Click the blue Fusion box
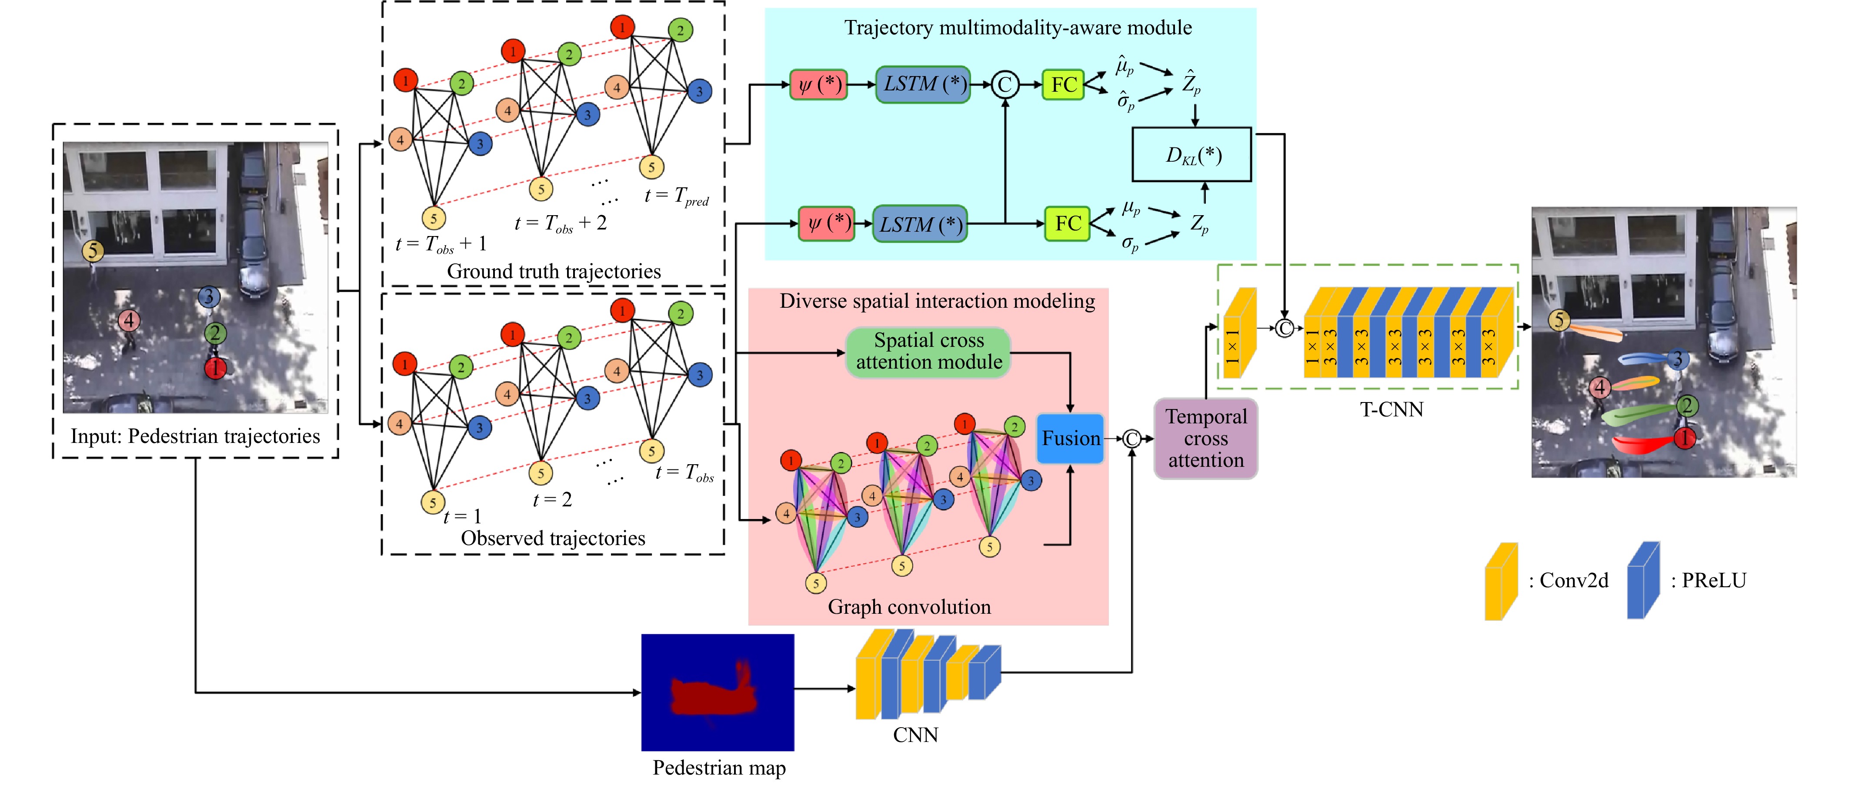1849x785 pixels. pos(1070,439)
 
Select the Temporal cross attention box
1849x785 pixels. pos(1206,439)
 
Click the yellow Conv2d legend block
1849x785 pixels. pos(1501,581)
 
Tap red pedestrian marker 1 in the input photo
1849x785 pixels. pos(215,368)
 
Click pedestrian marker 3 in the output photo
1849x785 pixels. pos(1678,359)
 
